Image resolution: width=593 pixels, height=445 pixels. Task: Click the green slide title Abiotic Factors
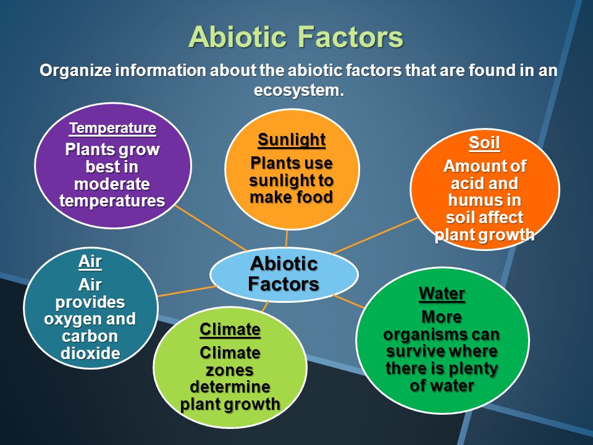(x=296, y=36)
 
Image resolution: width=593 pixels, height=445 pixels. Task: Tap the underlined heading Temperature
(x=112, y=129)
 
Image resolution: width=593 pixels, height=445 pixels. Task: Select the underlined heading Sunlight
(x=292, y=140)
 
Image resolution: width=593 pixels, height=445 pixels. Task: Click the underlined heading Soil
(x=484, y=143)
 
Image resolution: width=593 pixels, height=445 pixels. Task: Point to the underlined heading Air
(x=90, y=261)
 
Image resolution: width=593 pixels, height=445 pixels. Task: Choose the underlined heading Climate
(x=230, y=329)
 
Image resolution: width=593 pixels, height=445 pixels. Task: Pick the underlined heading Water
(x=442, y=294)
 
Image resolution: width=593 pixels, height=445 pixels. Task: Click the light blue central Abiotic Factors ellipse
(x=284, y=274)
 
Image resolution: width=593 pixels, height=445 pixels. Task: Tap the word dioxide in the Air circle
(x=90, y=353)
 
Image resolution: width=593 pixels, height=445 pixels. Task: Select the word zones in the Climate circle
(x=230, y=370)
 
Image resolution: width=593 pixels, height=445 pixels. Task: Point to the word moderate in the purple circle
(x=112, y=184)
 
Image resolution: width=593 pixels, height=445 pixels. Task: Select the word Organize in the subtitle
(x=75, y=70)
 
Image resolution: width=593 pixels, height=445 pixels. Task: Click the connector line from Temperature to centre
(x=211, y=228)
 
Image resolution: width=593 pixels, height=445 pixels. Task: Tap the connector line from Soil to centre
(x=375, y=235)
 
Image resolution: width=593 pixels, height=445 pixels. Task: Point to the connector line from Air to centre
(x=187, y=291)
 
